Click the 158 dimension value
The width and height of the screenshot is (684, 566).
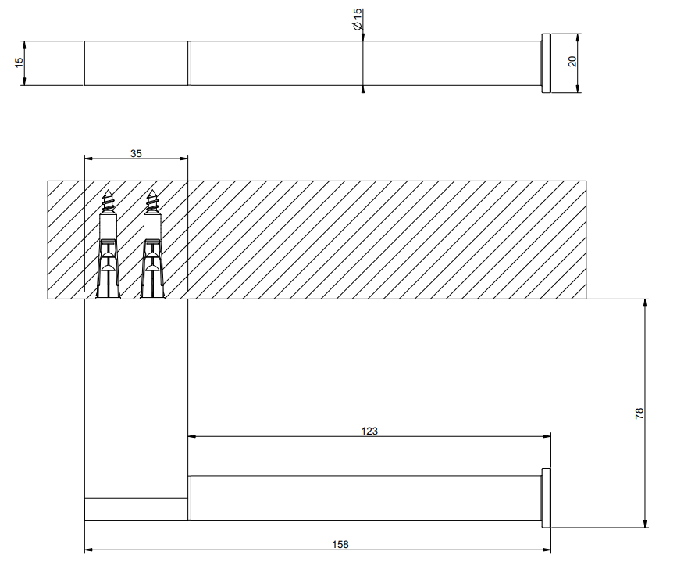(x=340, y=544)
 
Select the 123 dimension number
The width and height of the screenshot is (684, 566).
(x=369, y=431)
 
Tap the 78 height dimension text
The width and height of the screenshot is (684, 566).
(x=639, y=413)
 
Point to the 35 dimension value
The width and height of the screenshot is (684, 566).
(x=136, y=153)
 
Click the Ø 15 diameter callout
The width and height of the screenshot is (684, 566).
(x=358, y=20)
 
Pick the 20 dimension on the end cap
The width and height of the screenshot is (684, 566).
(x=572, y=61)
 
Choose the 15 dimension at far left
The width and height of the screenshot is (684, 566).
(x=19, y=63)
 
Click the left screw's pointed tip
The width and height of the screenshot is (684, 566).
(x=108, y=191)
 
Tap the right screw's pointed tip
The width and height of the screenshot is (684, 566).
(x=151, y=191)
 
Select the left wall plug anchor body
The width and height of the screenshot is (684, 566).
(x=108, y=268)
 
